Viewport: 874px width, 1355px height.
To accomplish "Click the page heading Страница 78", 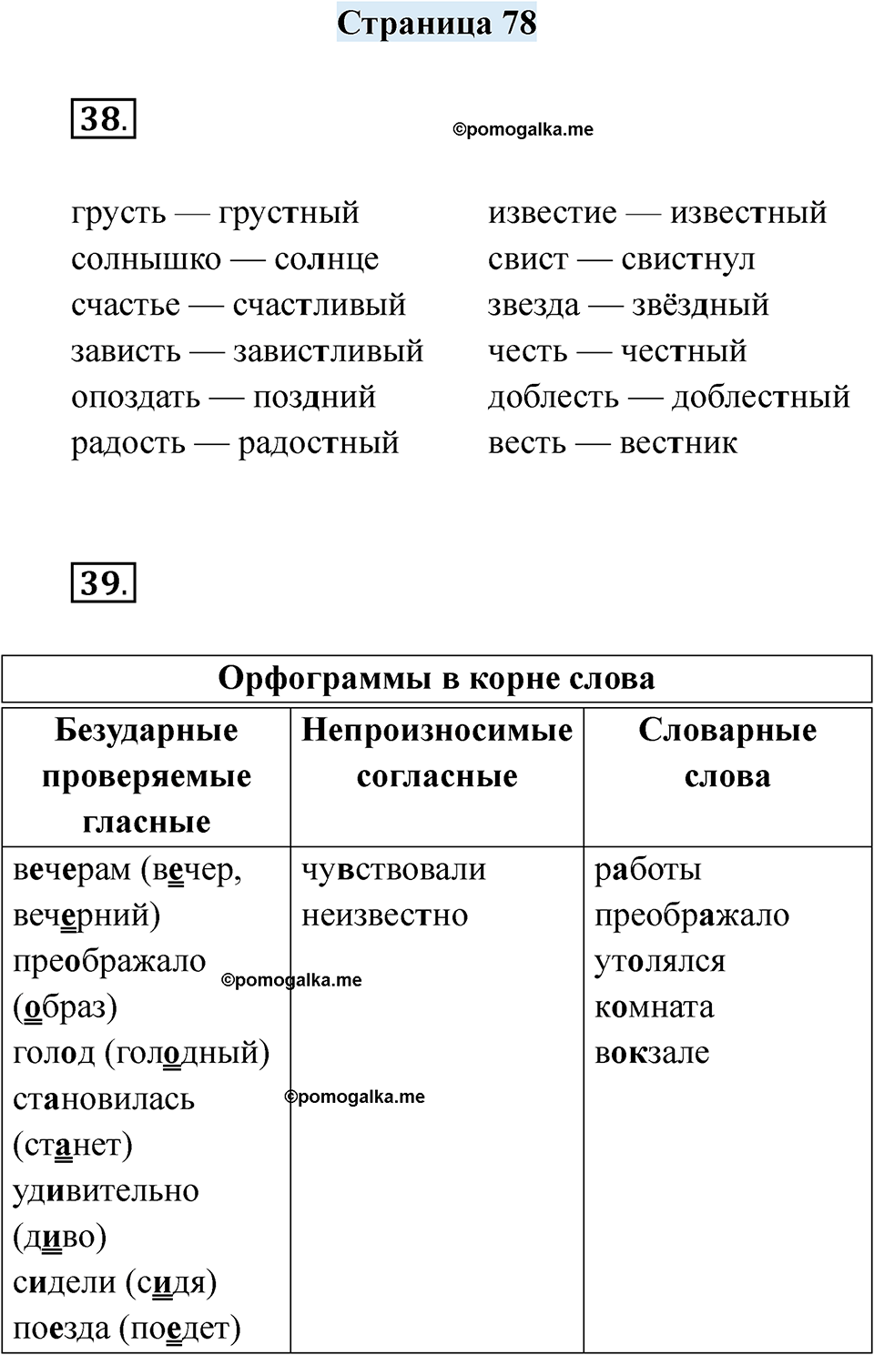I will coord(437,23).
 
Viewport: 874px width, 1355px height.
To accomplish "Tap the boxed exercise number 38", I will coord(102,119).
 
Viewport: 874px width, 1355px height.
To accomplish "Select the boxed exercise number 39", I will coord(102,582).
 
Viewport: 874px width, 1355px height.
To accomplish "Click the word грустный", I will coord(289,214).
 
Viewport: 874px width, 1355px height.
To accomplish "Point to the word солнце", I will coord(326,259).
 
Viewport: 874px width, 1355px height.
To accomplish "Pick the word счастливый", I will coord(319,305).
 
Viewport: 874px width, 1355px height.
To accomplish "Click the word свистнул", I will coord(687,259).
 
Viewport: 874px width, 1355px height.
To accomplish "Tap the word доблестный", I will coord(760,398).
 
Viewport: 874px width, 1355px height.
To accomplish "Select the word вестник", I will coord(678,443).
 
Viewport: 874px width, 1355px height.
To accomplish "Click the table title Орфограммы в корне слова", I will coord(437,679).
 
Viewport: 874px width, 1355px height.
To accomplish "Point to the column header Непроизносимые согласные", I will coord(437,753).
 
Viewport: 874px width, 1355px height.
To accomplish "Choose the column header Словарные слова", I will coord(727,753).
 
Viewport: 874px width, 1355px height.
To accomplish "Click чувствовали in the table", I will coord(393,870).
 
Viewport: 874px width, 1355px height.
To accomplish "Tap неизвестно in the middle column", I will coord(384,915).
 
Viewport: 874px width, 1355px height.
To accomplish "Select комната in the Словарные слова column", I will coord(654,1007).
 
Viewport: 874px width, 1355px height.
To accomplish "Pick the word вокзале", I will coord(652,1053).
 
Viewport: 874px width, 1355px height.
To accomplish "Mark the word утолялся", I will coord(659,962).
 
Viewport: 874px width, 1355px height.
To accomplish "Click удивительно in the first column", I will coord(106,1191).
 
